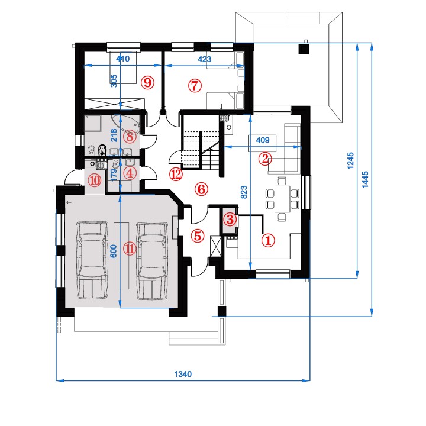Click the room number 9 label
(x=147, y=82)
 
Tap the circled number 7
(x=195, y=86)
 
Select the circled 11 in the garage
(x=130, y=248)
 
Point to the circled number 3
(x=230, y=219)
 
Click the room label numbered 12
(x=176, y=175)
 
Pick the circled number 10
(x=95, y=180)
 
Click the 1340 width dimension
(x=183, y=374)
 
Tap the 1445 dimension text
(x=366, y=179)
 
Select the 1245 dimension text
(x=351, y=160)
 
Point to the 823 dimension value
(x=244, y=192)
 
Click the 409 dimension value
(x=263, y=140)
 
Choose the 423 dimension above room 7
(x=204, y=59)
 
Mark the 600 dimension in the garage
(x=114, y=251)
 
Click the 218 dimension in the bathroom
(x=114, y=135)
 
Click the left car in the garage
(x=92, y=261)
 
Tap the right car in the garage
(x=151, y=261)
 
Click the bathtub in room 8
(x=126, y=124)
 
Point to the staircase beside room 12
(x=201, y=150)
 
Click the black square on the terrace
(x=304, y=49)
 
